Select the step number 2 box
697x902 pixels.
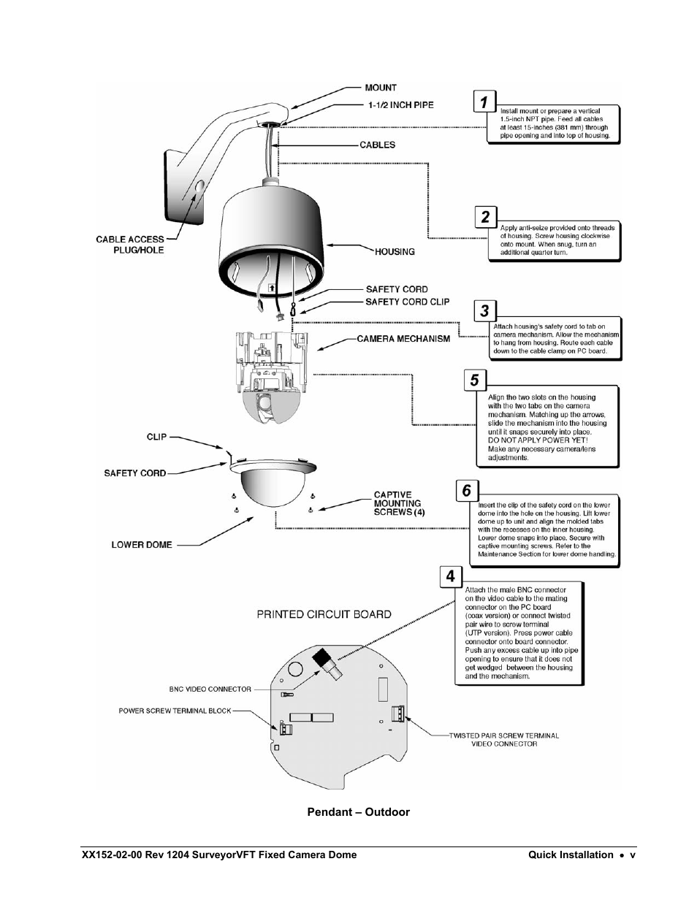tap(485, 217)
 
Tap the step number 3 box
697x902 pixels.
tap(484, 310)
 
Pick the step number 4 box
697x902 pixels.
tap(450, 576)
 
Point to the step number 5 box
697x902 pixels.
tap(475, 380)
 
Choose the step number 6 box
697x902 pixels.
tap(466, 490)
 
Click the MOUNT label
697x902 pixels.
tap(381, 88)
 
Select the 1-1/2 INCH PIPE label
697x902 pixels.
tap(400, 105)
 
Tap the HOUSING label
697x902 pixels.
tap(395, 252)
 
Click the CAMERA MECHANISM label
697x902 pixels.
tap(403, 339)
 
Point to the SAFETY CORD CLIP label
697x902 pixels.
tap(408, 302)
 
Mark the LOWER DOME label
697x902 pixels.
tap(142, 545)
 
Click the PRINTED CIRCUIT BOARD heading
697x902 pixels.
tap(324, 614)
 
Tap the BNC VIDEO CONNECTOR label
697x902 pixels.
tap(210, 689)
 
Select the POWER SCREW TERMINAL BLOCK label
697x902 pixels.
tap(175, 711)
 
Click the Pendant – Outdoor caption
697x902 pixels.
tap(358, 812)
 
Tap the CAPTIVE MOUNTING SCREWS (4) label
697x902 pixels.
tap(399, 503)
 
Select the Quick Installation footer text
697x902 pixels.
tap(571, 855)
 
